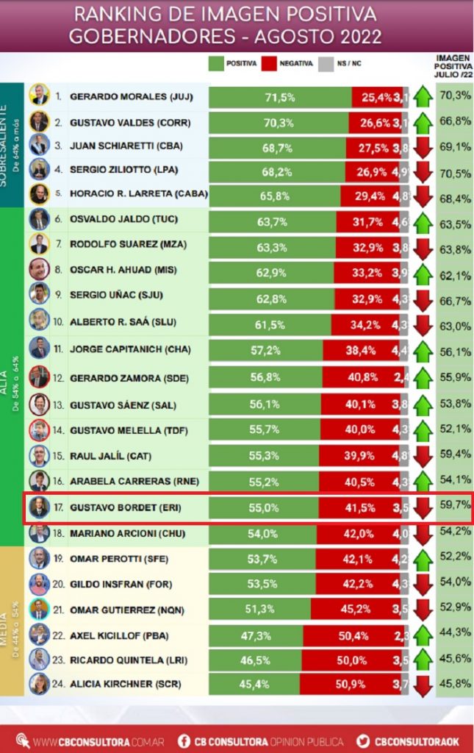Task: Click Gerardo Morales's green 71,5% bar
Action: (280, 97)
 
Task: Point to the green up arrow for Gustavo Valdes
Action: (423, 121)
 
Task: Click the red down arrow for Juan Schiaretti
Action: (423, 146)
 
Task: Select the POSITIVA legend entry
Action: (233, 64)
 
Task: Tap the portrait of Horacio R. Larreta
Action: (39, 195)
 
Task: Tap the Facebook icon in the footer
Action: (184, 741)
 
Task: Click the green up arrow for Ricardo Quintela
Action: (423, 659)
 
